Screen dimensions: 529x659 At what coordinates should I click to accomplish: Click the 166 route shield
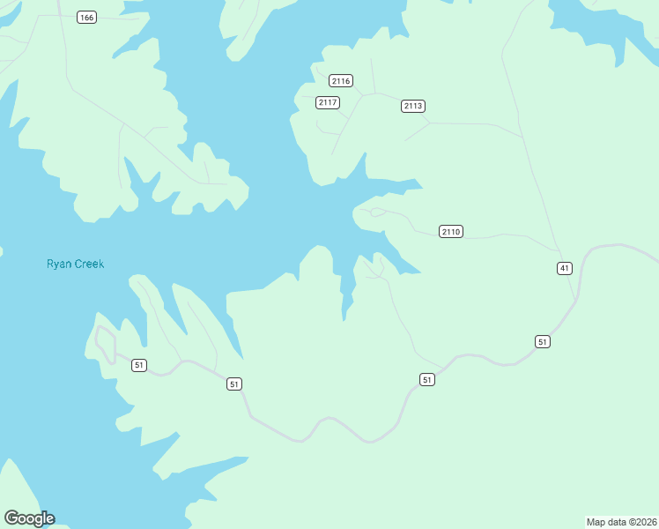coord(86,18)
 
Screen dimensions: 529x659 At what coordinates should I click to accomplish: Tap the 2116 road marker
coord(342,81)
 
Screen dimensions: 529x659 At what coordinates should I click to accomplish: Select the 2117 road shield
coord(328,103)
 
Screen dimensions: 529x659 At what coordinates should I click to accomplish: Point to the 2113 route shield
coord(413,106)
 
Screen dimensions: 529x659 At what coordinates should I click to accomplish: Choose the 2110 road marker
coord(450,232)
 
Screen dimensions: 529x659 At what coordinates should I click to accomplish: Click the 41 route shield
coord(565,268)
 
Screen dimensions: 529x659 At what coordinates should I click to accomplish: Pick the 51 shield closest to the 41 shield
coord(543,341)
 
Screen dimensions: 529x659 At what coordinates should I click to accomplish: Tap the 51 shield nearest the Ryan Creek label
coord(139,365)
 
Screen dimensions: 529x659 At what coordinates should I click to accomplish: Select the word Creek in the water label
coord(89,264)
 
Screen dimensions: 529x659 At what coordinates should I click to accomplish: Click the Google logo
coord(29,518)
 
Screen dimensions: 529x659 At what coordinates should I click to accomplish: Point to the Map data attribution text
coord(622,522)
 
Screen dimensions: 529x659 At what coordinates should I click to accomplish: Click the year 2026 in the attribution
coord(645,522)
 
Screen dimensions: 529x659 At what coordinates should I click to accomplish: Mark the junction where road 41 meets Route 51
coord(578,300)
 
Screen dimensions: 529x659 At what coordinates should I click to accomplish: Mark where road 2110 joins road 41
coord(558,250)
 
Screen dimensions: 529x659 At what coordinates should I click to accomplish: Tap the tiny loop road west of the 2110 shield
coord(377,212)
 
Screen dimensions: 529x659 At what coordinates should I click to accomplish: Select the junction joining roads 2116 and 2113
coord(374,93)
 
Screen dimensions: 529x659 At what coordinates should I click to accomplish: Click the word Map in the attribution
coord(596,522)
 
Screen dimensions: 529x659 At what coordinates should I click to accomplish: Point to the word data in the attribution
coord(617,522)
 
